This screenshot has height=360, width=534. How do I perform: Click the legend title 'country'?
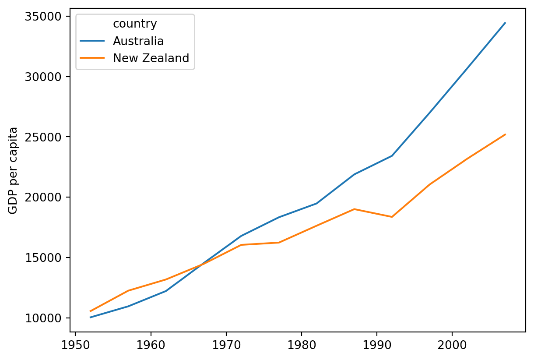tap(135, 24)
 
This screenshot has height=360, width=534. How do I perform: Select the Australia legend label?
tap(138, 41)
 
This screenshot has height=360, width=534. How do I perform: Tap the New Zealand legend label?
tap(151, 58)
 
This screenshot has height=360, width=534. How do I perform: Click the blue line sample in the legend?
tap(92, 41)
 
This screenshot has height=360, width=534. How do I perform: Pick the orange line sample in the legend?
tap(92, 58)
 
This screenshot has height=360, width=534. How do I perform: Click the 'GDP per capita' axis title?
tap(14, 170)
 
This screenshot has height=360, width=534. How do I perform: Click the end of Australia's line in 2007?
tap(505, 23)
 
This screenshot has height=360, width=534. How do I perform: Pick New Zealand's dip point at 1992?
tap(392, 217)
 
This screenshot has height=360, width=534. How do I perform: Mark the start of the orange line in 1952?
tap(90, 311)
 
